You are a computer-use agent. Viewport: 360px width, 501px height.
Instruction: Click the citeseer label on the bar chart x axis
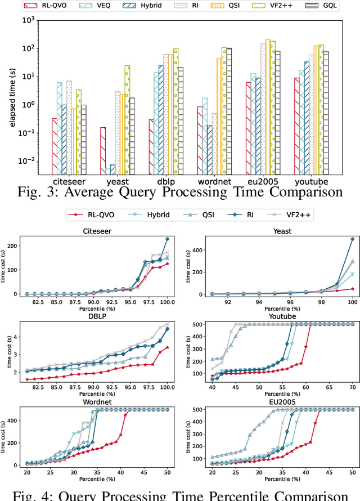click(70, 182)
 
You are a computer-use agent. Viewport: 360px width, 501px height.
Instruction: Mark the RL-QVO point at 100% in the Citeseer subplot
click(167, 264)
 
